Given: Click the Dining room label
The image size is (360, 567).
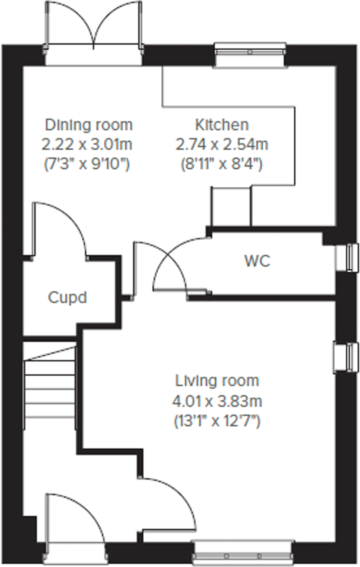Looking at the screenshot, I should coord(89,125).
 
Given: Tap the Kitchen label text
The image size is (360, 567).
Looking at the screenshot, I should coord(222,125).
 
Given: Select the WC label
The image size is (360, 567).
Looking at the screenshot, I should coord(257,261).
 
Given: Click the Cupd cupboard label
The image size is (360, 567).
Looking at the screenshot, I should coord(68,297).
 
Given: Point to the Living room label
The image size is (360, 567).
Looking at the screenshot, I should coord(217,381).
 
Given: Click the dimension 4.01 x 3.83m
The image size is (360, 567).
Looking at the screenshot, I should coord(217,401).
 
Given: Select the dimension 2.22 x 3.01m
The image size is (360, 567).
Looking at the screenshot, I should coord(87,144).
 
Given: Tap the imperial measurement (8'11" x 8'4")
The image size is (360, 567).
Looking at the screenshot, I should coord(222,164).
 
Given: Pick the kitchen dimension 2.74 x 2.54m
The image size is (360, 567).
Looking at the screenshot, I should coord(222,144).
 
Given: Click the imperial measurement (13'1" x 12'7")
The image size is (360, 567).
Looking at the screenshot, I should coord(217,422).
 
